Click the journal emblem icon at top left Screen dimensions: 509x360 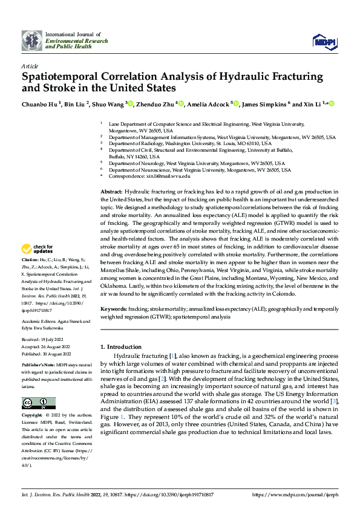tap(31, 40)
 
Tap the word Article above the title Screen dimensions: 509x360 tap(30, 65)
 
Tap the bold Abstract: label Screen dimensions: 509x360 tap(111, 192)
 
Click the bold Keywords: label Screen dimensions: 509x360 tap(113, 308)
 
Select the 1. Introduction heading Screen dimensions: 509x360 tap(121, 346)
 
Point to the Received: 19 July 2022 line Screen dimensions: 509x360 tap(43, 341)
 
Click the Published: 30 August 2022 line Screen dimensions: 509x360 tap(46, 354)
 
